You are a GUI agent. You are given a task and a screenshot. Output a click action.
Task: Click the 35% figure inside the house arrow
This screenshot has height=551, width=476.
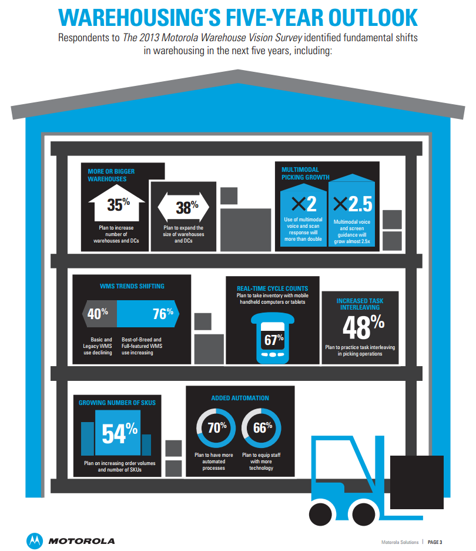pos(118,204)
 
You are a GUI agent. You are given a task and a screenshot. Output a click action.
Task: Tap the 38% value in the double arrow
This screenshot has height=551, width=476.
pos(187,207)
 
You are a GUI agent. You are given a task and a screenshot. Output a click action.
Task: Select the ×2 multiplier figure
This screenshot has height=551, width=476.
pos(304,204)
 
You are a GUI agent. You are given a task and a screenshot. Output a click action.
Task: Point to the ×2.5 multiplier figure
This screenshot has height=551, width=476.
pos(353,204)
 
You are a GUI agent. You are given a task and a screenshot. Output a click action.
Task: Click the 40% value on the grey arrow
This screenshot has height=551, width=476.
pos(98,313)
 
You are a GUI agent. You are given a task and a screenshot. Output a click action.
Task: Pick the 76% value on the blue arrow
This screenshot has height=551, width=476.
pos(163,313)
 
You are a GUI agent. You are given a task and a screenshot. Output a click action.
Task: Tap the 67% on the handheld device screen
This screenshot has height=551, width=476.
pos(274,340)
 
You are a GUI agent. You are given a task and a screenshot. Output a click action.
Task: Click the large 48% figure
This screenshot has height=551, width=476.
pos(363,327)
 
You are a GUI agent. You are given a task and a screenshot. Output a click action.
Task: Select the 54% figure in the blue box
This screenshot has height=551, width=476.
pos(120,433)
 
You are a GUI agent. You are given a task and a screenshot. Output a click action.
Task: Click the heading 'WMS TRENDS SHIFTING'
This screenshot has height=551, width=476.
pos(132,287)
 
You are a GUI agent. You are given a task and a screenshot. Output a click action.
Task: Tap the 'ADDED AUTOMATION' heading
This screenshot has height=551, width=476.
pos(240,398)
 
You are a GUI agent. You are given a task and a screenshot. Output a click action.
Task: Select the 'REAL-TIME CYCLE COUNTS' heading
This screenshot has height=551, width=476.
pos(273,288)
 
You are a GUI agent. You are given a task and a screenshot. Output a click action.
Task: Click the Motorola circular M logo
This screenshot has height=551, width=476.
pos(35,541)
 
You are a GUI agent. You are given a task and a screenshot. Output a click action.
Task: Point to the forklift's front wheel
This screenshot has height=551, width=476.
pos(363,515)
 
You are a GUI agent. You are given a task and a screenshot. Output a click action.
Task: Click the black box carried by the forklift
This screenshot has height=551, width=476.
pos(417,482)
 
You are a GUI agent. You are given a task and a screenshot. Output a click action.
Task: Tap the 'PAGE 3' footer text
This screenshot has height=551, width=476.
pos(435,542)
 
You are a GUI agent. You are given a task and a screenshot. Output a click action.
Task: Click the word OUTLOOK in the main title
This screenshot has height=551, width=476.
pos(373,18)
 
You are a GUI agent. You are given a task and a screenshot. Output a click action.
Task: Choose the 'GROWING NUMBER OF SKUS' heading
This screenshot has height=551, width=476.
pos(117,403)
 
